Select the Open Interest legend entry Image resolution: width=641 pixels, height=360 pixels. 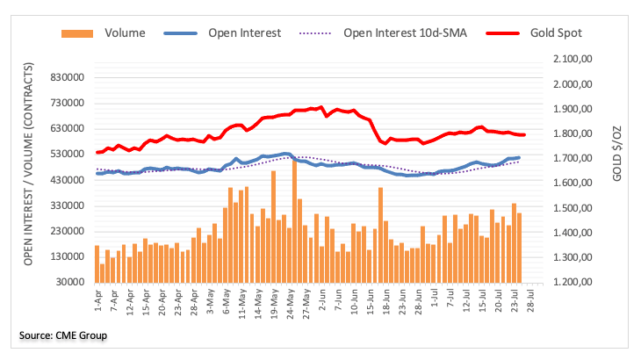pos(244,33)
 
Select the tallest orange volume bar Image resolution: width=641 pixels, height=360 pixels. pos(294,220)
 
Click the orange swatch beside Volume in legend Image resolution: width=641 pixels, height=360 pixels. pos(77,33)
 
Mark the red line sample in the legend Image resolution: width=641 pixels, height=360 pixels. pos(504,33)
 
